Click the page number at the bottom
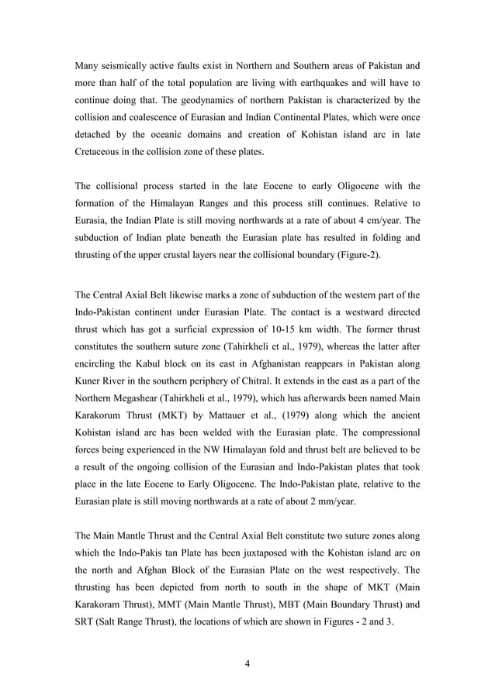[x=247, y=663]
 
